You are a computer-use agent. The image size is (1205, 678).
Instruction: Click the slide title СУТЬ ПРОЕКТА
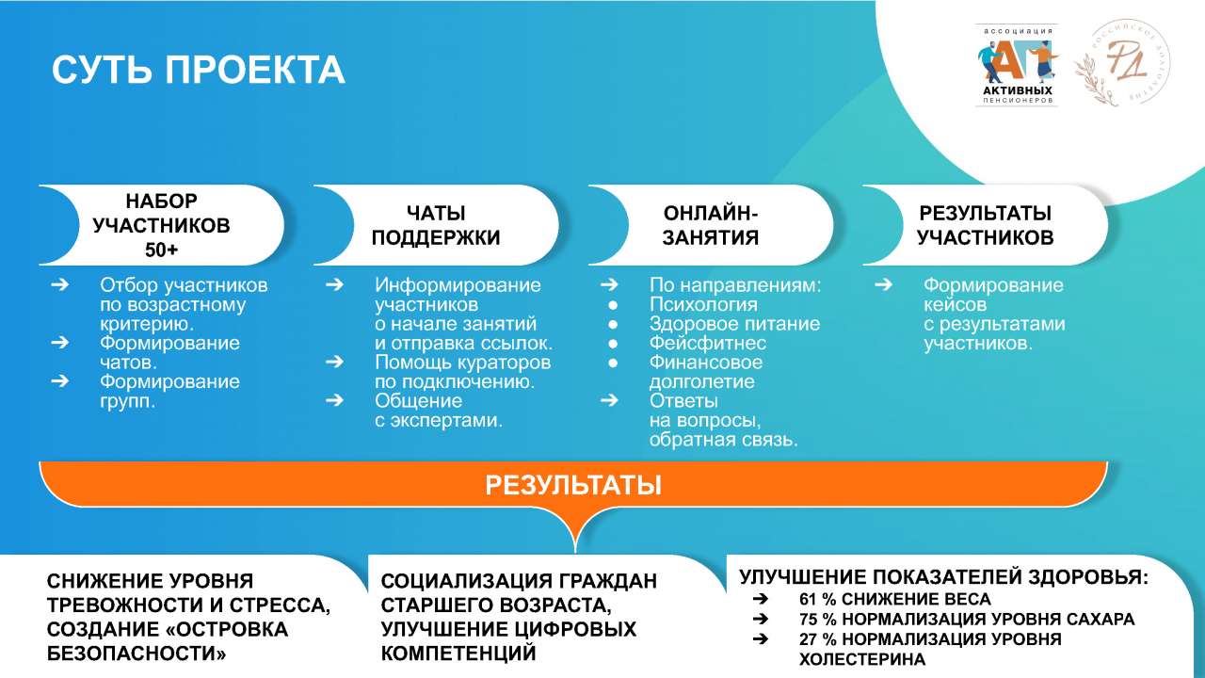[x=198, y=70]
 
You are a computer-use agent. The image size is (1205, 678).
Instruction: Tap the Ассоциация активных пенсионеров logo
[x=1017, y=65]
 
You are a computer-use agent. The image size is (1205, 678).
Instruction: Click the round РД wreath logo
[x=1122, y=63]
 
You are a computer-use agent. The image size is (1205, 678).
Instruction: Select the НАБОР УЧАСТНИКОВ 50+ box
[x=161, y=225]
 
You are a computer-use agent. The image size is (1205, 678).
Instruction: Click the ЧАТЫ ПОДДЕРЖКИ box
[x=436, y=225]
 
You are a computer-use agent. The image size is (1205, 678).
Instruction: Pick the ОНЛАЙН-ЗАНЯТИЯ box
[x=710, y=225]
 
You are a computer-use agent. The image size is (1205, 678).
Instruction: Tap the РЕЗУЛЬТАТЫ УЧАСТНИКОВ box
[x=985, y=225]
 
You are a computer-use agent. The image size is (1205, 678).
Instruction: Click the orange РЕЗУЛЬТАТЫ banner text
[x=573, y=485]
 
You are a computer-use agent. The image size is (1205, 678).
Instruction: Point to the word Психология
[x=703, y=304]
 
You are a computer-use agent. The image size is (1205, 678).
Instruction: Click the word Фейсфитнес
[x=707, y=343]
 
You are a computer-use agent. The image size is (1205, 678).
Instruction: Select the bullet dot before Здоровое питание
[x=613, y=325]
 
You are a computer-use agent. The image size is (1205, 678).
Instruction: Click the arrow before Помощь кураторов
[x=334, y=362]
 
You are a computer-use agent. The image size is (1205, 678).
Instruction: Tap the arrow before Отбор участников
[x=59, y=284]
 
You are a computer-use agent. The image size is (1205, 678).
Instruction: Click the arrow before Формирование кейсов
[x=883, y=284]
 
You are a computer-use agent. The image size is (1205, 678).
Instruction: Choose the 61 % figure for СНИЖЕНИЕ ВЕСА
[x=818, y=599]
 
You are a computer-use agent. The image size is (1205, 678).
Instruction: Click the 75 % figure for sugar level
[x=818, y=620]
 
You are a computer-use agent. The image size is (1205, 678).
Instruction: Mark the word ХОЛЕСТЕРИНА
[x=862, y=659]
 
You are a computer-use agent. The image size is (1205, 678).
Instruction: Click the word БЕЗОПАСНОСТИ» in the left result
[x=137, y=654]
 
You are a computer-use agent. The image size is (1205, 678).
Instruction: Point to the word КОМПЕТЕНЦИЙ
[x=458, y=654]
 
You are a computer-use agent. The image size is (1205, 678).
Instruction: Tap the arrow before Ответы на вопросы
[x=609, y=400]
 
